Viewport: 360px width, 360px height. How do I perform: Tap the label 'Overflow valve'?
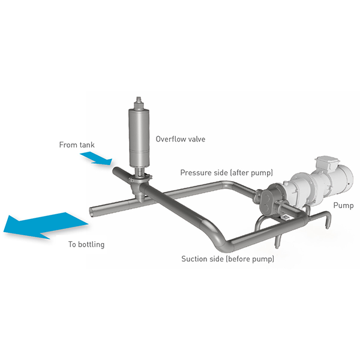click(x=181, y=139)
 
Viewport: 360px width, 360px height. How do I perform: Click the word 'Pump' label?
click(x=344, y=205)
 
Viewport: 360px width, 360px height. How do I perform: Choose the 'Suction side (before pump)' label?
click(x=227, y=259)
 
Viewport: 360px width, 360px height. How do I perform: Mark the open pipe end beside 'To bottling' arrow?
click(x=92, y=211)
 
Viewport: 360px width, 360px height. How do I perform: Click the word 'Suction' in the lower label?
click(x=194, y=259)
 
